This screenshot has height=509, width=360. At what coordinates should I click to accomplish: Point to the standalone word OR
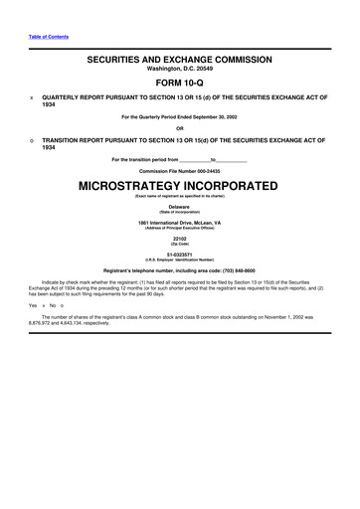pyautogui.click(x=179, y=127)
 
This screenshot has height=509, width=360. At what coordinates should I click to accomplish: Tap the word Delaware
pyautogui.click(x=179, y=206)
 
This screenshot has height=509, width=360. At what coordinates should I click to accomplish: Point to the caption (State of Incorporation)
pyautogui.click(x=179, y=212)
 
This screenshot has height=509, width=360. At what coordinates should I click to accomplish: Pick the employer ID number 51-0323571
pyautogui.click(x=179, y=254)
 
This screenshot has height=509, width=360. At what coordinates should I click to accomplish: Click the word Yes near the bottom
pyautogui.click(x=33, y=306)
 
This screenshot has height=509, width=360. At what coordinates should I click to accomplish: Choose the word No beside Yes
pyautogui.click(x=53, y=306)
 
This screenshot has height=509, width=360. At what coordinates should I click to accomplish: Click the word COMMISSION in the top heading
pyautogui.click(x=233, y=59)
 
